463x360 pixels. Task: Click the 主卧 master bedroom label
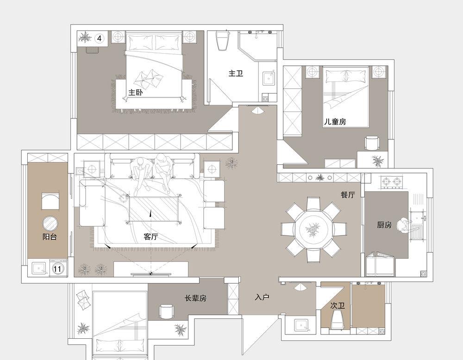pyautogui.click(x=136, y=93)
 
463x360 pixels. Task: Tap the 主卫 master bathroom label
pyautogui.click(x=236, y=73)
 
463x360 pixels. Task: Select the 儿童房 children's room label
pyautogui.click(x=335, y=122)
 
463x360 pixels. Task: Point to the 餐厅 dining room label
pyautogui.click(x=348, y=194)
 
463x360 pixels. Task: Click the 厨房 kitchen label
pyautogui.click(x=384, y=225)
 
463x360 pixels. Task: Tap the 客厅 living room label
pyautogui.click(x=151, y=236)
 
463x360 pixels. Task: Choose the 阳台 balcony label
pyautogui.click(x=50, y=236)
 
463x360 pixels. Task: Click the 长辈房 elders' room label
pyautogui.click(x=195, y=298)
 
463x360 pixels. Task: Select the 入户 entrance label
pyautogui.click(x=262, y=297)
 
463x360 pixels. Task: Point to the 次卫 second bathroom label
pyautogui.click(x=338, y=305)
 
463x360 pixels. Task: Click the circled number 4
pyautogui.click(x=100, y=38)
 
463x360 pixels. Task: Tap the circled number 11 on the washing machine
pyautogui.click(x=58, y=269)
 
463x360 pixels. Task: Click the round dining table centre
pyautogui.click(x=313, y=230)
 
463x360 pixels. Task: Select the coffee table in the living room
pyautogui.click(x=155, y=209)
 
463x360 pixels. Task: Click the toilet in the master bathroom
pyautogui.click(x=223, y=40)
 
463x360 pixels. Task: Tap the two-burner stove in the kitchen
pyautogui.click(x=392, y=182)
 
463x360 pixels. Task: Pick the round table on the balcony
pyautogui.click(x=50, y=223)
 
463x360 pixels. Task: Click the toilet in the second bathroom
pyautogui.click(x=337, y=320)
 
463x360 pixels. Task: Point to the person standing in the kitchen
pyautogui.click(x=404, y=226)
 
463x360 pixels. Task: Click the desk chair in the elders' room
pyautogui.click(x=167, y=312)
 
